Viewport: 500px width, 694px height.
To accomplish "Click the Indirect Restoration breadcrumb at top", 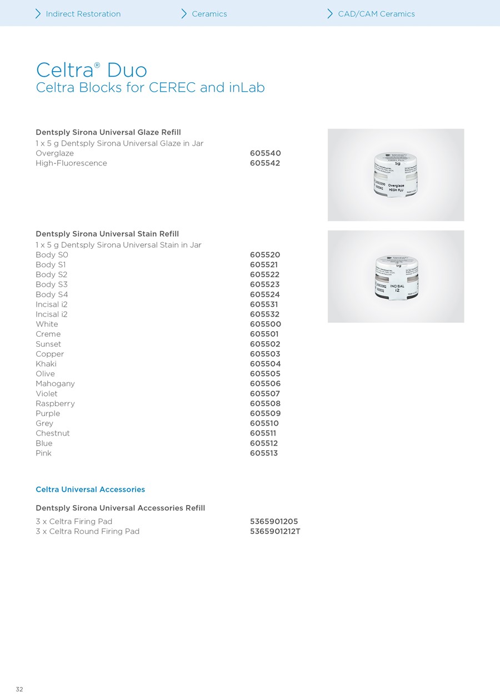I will [x=83, y=14].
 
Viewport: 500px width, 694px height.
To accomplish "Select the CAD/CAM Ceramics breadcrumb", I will [x=376, y=14].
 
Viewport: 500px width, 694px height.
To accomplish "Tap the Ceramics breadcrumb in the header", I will [x=209, y=14].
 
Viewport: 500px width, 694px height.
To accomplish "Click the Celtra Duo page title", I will [x=92, y=71].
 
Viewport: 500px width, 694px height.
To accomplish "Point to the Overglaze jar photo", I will [x=396, y=175].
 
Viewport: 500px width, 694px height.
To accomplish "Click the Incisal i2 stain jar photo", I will [x=396, y=276].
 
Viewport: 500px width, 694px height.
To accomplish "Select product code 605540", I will [x=265, y=153].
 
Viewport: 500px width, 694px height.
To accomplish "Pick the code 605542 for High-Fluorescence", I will [x=265, y=163].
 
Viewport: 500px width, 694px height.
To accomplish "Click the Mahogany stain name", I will [x=55, y=384].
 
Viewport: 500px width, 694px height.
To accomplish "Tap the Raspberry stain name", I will [x=55, y=404].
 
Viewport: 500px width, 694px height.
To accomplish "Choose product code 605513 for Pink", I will [x=264, y=453].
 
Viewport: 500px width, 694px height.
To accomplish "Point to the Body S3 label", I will [x=52, y=284].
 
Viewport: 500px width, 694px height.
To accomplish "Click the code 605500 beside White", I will [x=265, y=324].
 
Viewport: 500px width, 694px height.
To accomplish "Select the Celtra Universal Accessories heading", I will [x=90, y=490].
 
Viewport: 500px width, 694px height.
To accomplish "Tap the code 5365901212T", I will [x=275, y=532].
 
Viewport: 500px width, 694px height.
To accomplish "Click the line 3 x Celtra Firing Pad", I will [x=74, y=522].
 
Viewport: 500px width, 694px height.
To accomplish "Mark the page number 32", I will [x=19, y=689].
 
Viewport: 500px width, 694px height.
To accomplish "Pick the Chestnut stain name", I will [x=53, y=433].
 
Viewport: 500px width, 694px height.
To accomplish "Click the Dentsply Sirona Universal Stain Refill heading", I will [x=107, y=234].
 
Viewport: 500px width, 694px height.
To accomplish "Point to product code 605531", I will [x=264, y=304].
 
